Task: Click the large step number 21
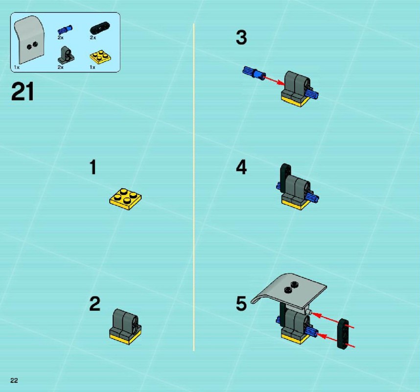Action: pyautogui.click(x=23, y=92)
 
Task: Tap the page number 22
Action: pyautogui.click(x=14, y=380)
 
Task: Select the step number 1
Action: pyautogui.click(x=93, y=167)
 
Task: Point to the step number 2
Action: pyautogui.click(x=94, y=304)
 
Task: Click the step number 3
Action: pyautogui.click(x=241, y=37)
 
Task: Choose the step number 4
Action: pyautogui.click(x=241, y=167)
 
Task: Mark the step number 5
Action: pyautogui.click(x=241, y=304)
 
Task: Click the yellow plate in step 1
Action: pyautogui.click(x=125, y=199)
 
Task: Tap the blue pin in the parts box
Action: pyautogui.click(x=65, y=29)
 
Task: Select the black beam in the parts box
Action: pyautogui.click(x=100, y=28)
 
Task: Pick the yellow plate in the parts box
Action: pyautogui.click(x=100, y=57)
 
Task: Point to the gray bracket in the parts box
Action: pyautogui.click(x=66, y=55)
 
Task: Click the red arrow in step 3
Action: pyautogui.click(x=274, y=80)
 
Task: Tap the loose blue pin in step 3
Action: pyautogui.click(x=254, y=73)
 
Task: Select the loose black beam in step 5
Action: pyautogui.click(x=343, y=334)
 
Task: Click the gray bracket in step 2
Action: pyautogui.click(x=125, y=323)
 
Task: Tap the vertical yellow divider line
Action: pyautogui.click(x=194, y=187)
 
